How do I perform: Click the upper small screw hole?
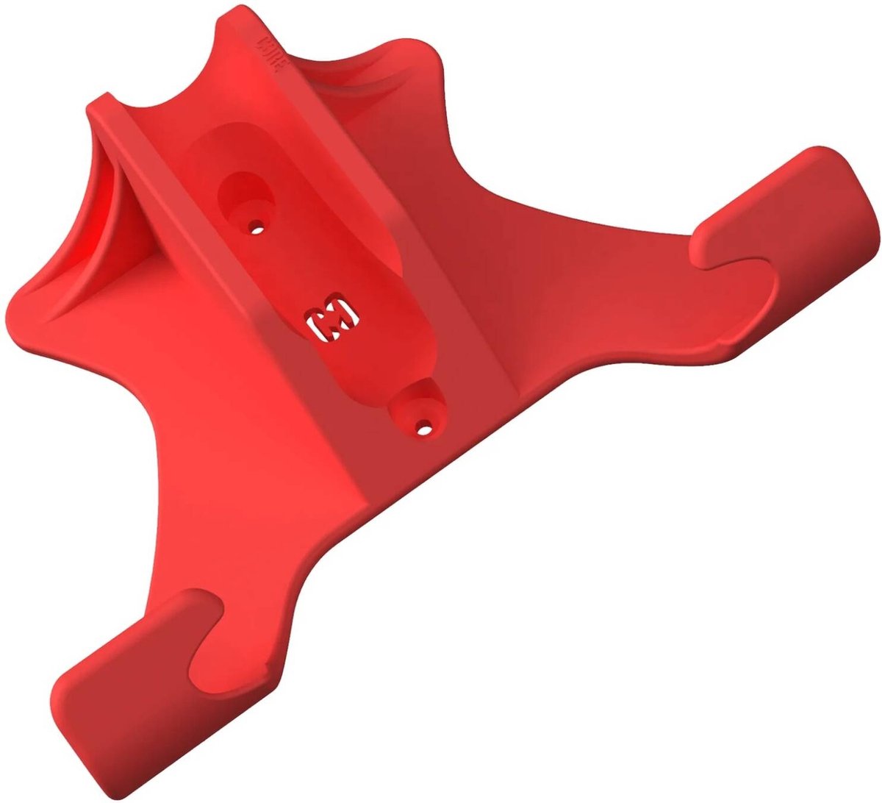(257, 229)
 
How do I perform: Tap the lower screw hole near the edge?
(423, 426)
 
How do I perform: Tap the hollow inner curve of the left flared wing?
(110, 221)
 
